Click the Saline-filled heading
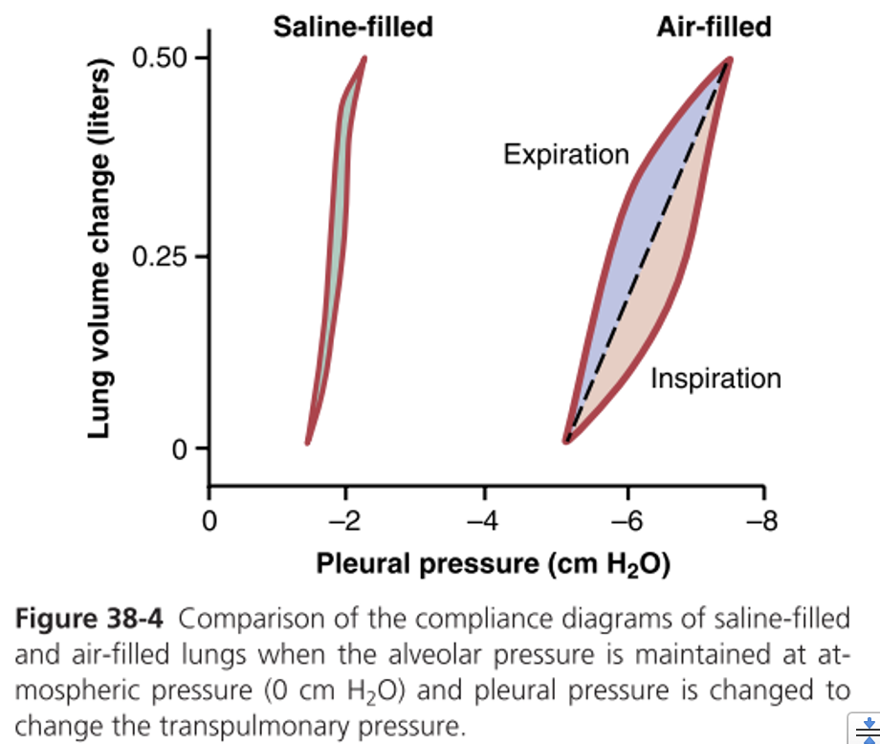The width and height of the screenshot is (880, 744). [353, 27]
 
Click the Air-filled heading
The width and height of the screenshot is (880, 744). [714, 27]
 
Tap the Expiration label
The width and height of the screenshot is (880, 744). [566, 154]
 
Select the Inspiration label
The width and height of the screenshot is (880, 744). [715, 379]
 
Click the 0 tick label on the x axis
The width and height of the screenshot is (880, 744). [209, 522]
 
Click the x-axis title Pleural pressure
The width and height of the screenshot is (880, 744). [493, 564]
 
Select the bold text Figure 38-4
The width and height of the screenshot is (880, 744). [90, 620]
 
